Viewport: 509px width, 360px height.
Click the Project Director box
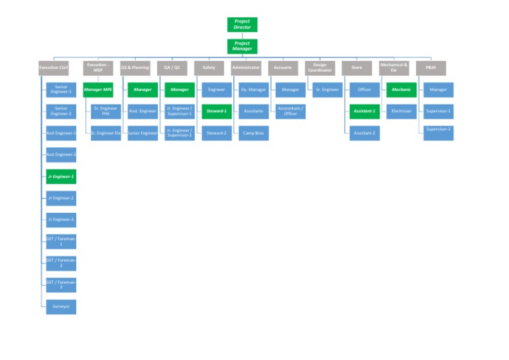coord(242,25)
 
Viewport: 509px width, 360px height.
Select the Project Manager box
coord(242,46)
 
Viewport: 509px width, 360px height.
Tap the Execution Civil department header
coord(54,68)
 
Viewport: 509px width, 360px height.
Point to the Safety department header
coord(209,68)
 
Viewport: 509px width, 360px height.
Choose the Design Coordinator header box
coord(319,68)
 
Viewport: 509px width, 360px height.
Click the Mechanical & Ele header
coord(394,68)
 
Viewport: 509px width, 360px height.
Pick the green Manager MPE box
coord(98,90)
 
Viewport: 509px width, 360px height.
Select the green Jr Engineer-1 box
coord(61,176)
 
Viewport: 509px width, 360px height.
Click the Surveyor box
coord(61,306)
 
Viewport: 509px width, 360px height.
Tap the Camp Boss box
coord(253,133)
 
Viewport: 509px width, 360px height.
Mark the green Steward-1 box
coord(216,111)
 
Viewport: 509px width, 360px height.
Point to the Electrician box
coord(401,111)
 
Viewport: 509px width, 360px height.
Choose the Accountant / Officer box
coord(290,111)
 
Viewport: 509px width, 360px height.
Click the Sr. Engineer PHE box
coord(105,111)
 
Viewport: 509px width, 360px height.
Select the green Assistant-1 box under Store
coord(364,111)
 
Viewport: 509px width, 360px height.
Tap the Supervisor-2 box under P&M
coord(438,132)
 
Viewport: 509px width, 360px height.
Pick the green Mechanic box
coord(401,90)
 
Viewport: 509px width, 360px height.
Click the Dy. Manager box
coord(253,90)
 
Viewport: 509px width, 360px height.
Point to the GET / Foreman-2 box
coord(61,263)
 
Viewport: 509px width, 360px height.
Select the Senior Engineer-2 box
coord(61,111)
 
